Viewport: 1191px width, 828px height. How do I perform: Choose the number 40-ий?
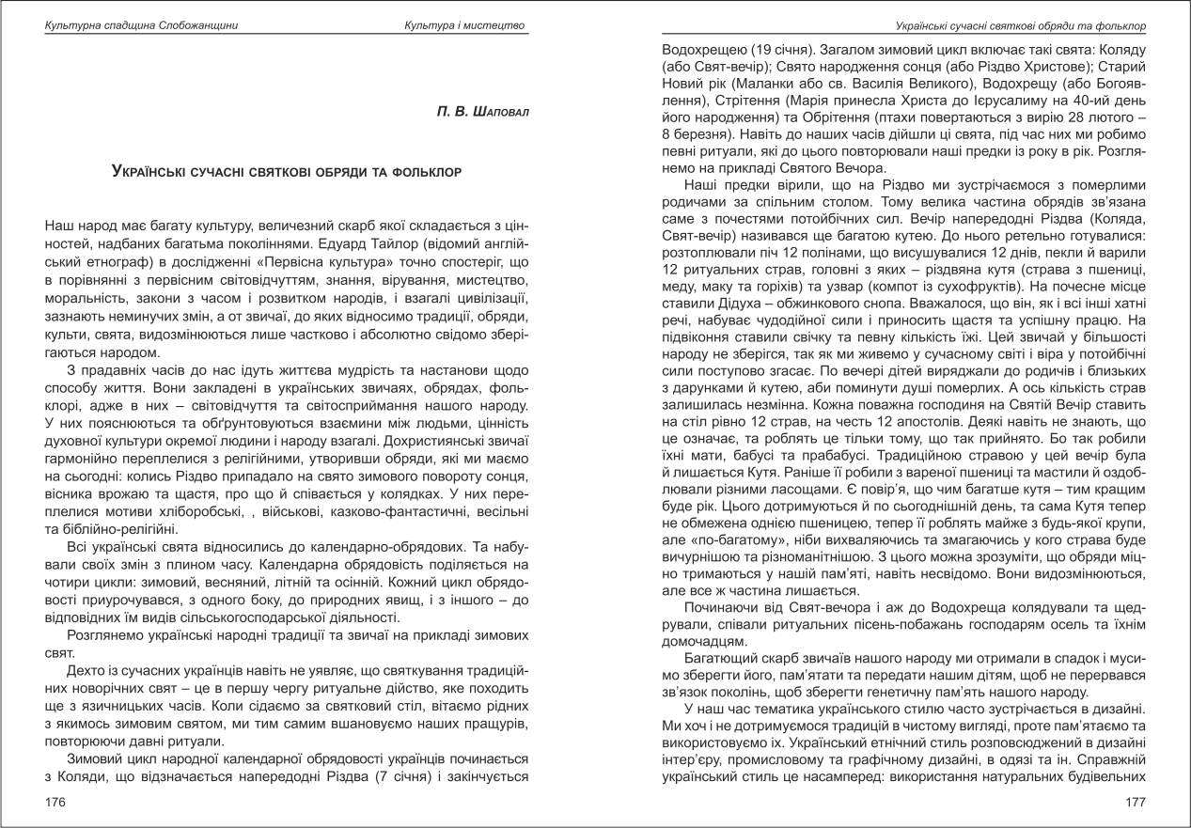pos(1101,100)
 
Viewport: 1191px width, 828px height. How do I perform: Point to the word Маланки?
pos(756,82)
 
